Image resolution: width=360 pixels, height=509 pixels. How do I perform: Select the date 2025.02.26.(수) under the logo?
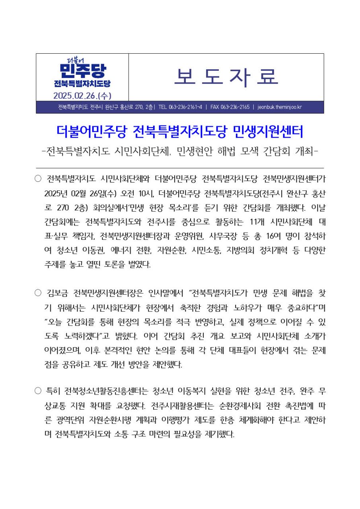(x=82, y=96)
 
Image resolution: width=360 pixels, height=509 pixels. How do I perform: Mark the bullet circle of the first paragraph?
(x=38, y=178)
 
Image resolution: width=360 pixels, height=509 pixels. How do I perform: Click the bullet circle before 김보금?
(x=38, y=294)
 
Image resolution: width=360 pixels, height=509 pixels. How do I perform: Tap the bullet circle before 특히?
(x=38, y=392)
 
